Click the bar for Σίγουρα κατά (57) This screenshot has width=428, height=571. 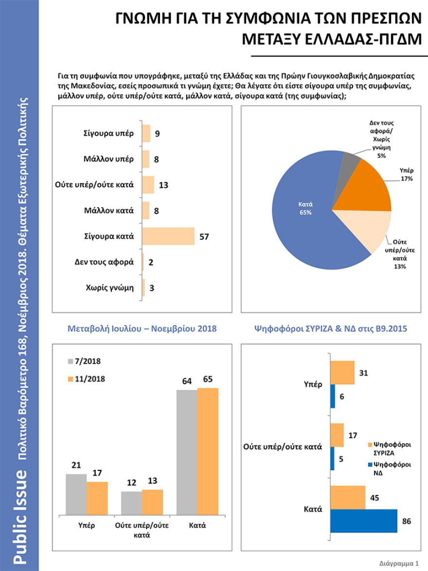point(168,236)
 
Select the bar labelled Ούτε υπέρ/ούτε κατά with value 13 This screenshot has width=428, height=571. point(148,185)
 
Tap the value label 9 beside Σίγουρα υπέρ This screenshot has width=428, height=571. point(158,133)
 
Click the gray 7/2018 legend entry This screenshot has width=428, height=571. point(85,361)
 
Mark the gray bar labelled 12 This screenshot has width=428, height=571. point(131,503)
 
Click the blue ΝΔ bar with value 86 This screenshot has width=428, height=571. point(363,521)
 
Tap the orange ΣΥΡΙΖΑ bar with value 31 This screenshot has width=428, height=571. point(342,373)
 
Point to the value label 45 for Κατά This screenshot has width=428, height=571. point(374,498)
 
